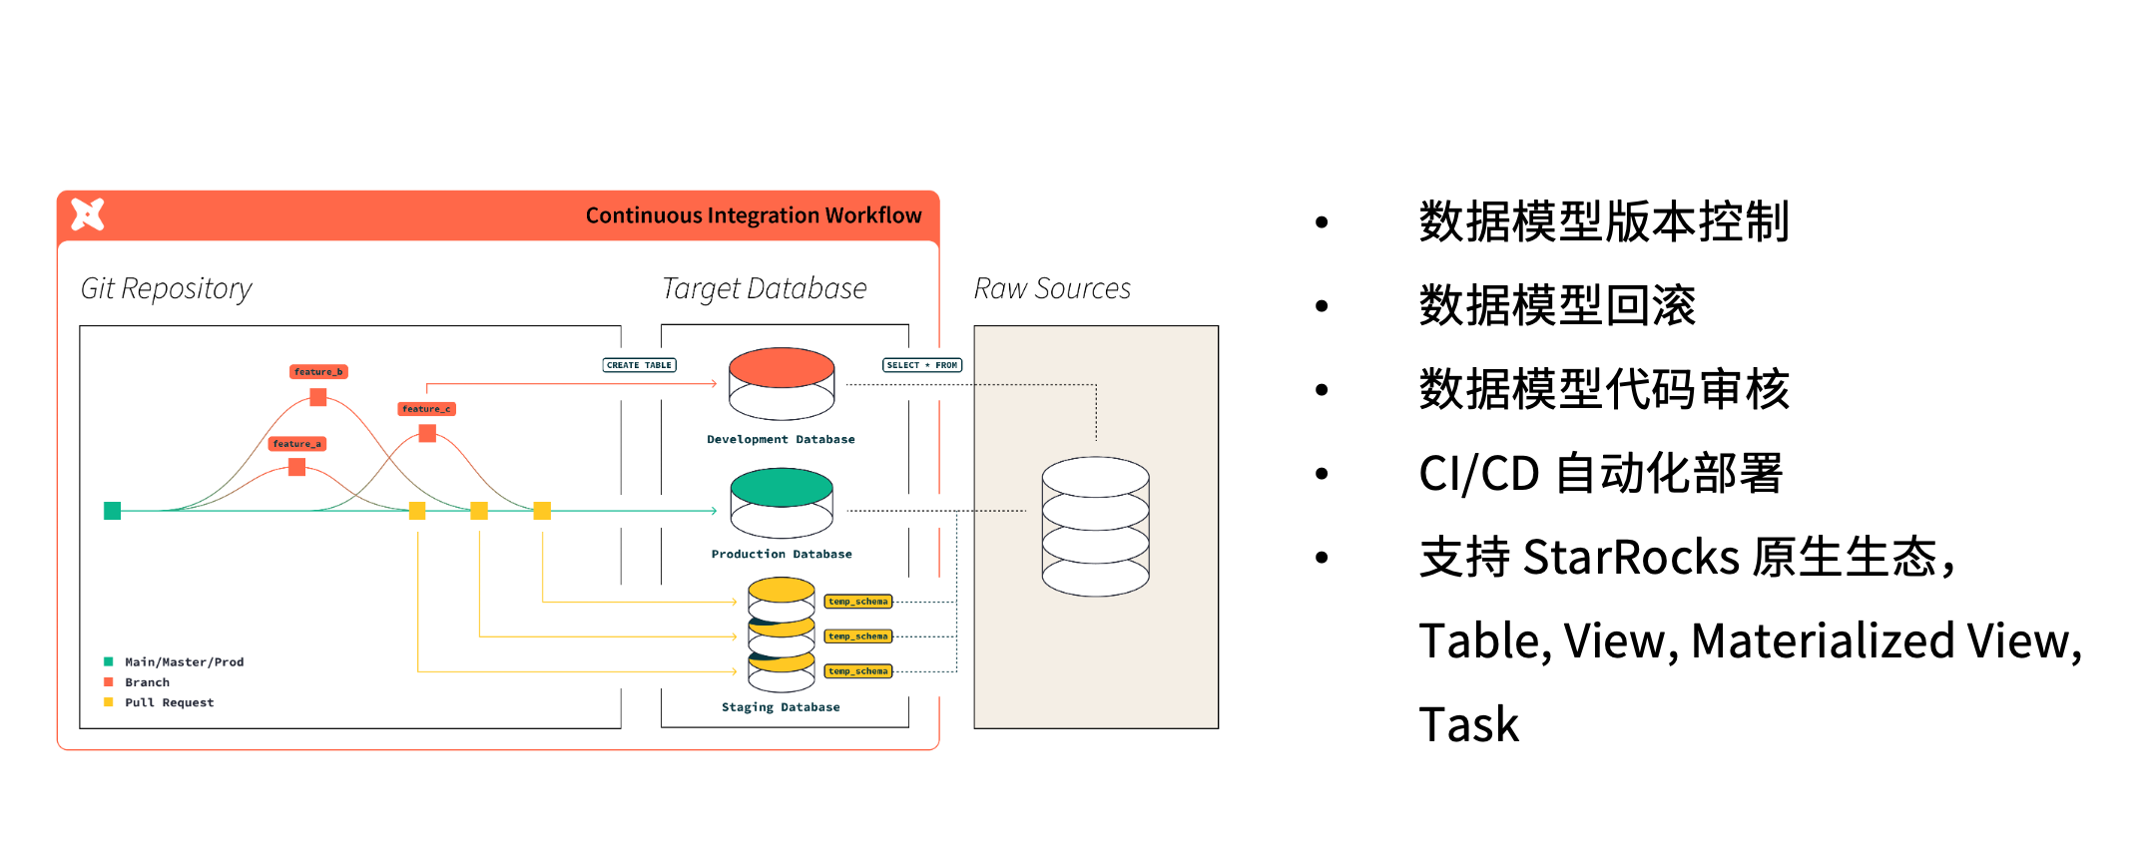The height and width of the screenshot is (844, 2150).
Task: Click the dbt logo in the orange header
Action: coord(88,213)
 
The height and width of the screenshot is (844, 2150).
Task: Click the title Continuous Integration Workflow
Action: coord(753,215)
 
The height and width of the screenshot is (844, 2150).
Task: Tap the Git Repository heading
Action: coord(166,288)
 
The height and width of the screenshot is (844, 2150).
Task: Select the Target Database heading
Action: coord(764,288)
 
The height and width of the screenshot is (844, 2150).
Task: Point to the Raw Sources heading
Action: coord(1051,288)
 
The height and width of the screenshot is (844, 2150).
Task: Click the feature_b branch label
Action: coord(318,372)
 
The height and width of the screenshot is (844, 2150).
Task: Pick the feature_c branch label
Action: coord(426,409)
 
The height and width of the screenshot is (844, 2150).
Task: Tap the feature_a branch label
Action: coord(296,444)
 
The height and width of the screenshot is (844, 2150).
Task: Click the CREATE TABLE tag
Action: coord(639,365)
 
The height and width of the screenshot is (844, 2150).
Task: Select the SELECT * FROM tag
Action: coord(921,365)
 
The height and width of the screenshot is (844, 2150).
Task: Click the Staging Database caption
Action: coord(781,707)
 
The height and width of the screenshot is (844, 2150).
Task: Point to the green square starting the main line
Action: coord(113,511)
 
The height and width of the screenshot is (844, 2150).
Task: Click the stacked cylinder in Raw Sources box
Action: coord(1095,526)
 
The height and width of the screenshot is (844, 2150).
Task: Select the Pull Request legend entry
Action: coord(169,702)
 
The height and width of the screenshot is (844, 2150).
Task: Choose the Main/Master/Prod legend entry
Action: coord(184,662)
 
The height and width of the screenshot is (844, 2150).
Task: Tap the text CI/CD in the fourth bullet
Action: coord(1478,473)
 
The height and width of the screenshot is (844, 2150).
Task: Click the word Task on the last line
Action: coord(1468,724)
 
